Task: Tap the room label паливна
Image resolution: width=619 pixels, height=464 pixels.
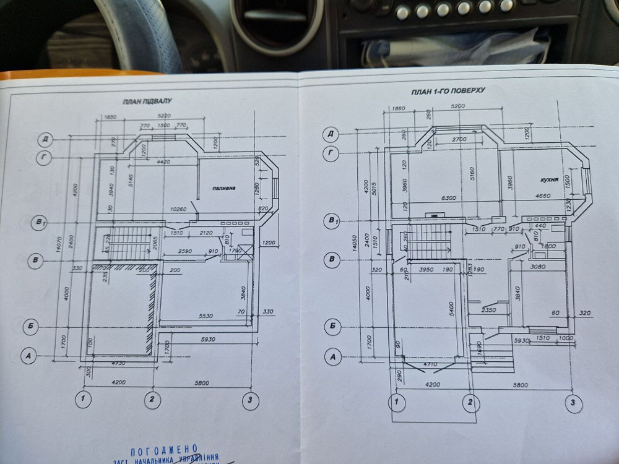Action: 222,187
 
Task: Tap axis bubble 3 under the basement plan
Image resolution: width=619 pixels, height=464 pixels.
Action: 249,400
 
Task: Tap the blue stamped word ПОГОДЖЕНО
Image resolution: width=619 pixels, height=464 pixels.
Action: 165,449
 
